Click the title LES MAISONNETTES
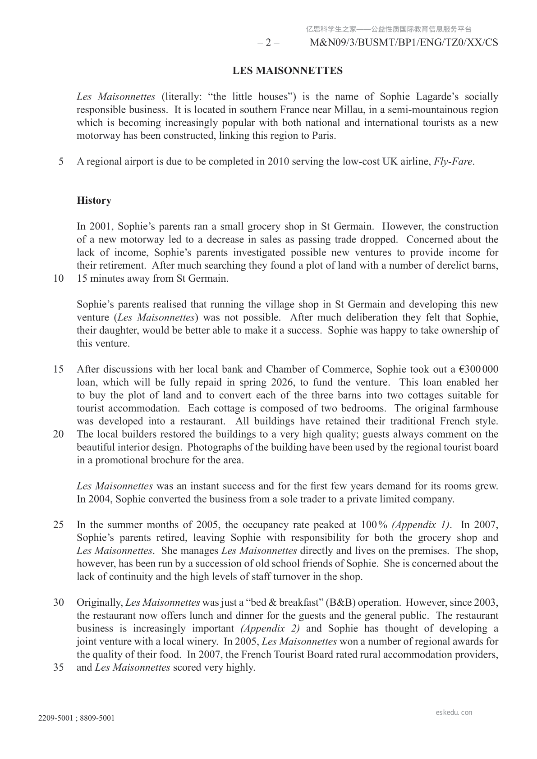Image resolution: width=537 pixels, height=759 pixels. tap(287, 71)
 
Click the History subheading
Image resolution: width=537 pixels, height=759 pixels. tap(94, 201)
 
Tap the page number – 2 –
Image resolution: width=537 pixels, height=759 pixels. tap(268, 43)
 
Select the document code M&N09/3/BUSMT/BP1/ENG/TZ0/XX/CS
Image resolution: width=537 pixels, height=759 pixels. tap(404, 43)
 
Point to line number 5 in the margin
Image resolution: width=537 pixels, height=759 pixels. tap(61, 162)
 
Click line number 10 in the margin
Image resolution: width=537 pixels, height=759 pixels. tap(59, 279)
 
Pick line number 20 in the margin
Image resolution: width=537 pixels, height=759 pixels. tap(59, 434)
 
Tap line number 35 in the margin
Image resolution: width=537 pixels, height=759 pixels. tap(59, 668)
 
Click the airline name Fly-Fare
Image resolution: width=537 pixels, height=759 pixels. tap(453, 162)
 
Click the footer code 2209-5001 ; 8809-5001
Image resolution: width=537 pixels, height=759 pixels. tap(76, 718)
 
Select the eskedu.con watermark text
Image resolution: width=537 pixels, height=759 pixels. tap(454, 713)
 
